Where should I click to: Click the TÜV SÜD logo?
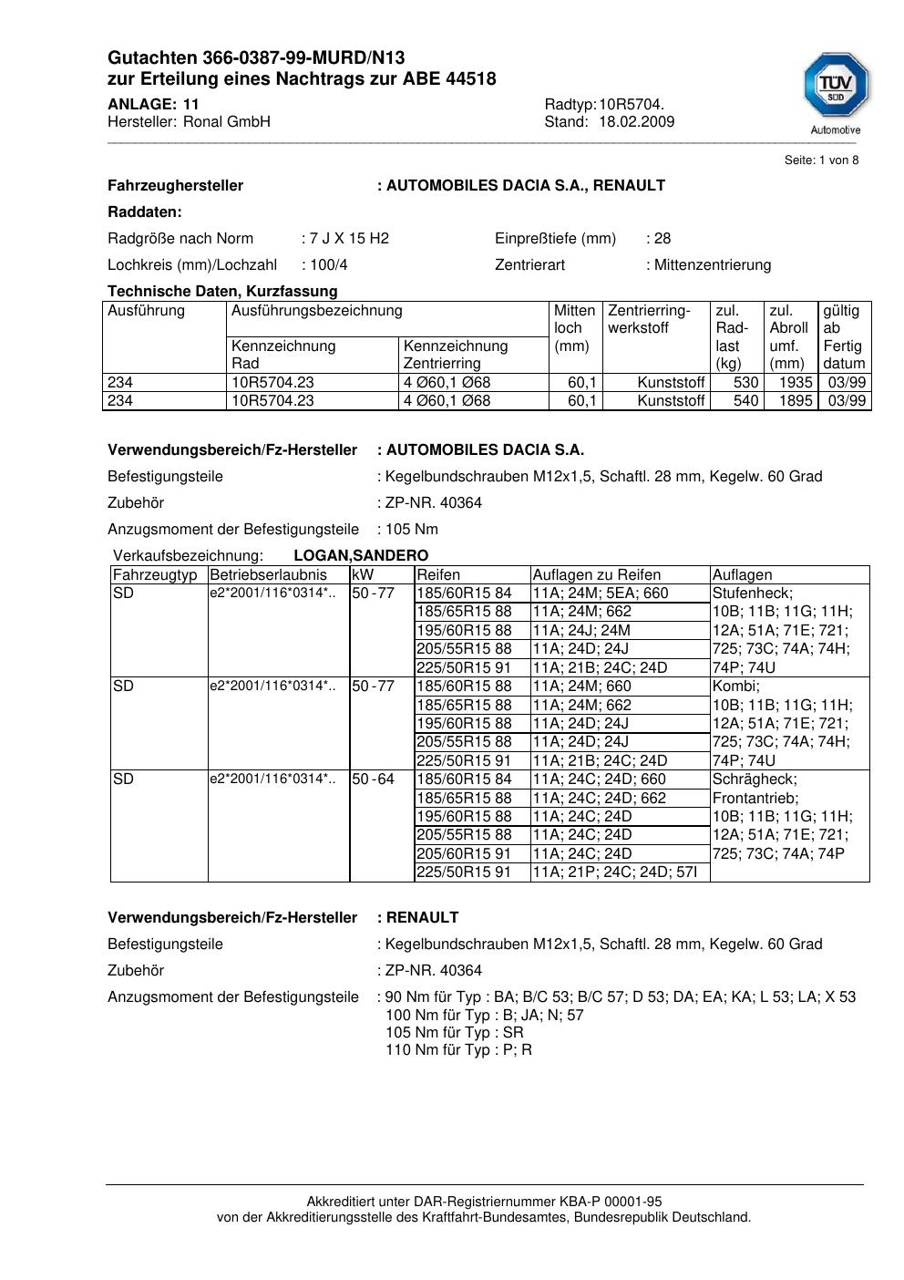(836, 88)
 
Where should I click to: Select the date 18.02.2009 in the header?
(636, 122)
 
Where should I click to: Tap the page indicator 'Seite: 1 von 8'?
(821, 160)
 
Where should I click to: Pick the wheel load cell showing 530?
(746, 383)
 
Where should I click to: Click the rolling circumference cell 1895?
(796, 401)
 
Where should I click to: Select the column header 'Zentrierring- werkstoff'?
(649, 319)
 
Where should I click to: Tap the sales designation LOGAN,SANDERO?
(361, 556)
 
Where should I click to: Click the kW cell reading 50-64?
(374, 779)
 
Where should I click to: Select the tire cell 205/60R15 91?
(464, 854)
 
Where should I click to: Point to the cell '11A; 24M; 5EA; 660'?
(600, 594)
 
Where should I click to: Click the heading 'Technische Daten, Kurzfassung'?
(222, 292)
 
